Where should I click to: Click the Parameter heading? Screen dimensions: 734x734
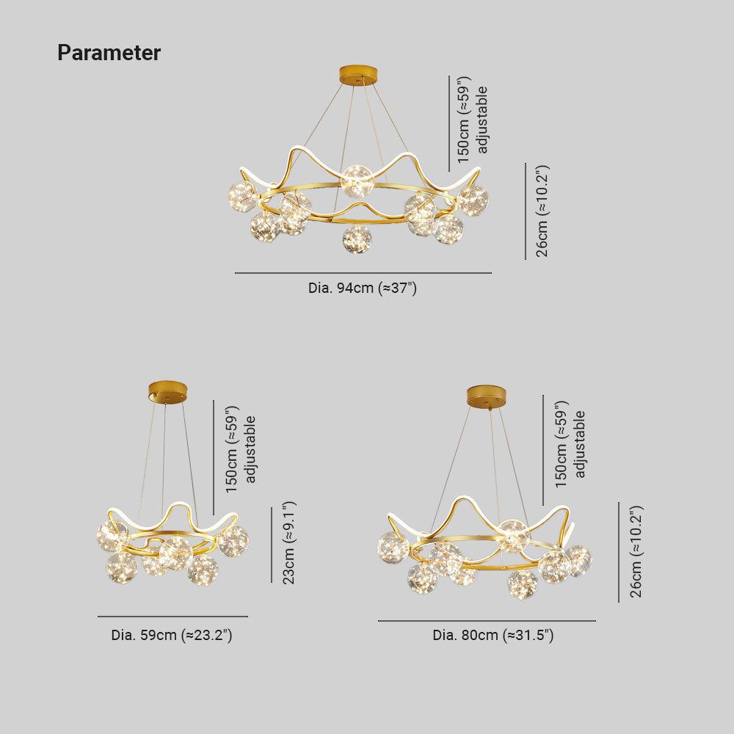[x=109, y=52]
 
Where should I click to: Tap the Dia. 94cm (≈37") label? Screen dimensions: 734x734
[x=363, y=288]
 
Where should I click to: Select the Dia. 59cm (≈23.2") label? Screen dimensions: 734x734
[x=172, y=635]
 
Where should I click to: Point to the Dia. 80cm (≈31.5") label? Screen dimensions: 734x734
[x=493, y=635]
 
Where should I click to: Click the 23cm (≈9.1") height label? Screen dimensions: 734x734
[x=288, y=542]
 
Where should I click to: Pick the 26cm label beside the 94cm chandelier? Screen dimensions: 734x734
[x=542, y=211]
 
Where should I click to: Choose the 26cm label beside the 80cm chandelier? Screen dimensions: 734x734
[x=636, y=551]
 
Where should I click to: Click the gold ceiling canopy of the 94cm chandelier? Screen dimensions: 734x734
[x=358, y=76]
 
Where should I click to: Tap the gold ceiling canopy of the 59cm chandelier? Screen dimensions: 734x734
[x=167, y=392]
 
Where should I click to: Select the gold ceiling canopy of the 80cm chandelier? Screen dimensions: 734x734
[x=487, y=396]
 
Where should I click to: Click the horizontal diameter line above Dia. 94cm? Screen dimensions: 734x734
[x=363, y=273]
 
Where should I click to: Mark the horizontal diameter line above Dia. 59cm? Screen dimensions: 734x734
[x=172, y=617]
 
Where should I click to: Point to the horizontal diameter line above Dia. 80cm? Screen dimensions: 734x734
[x=487, y=621]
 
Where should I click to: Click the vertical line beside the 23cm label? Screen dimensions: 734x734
[x=272, y=545]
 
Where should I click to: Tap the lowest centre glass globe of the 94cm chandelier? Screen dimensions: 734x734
[x=357, y=239]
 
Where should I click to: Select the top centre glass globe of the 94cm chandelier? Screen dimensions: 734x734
[x=357, y=181]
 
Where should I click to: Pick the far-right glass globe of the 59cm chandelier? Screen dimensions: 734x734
[x=233, y=541]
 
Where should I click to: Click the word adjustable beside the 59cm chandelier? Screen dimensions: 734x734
[x=250, y=449]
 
